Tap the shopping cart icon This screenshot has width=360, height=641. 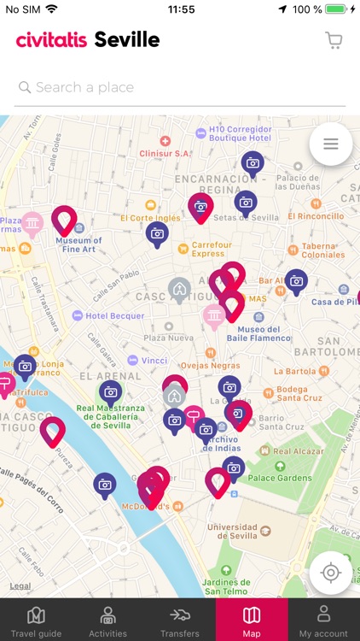334,40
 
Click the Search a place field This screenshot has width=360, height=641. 180,87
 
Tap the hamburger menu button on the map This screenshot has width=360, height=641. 331,144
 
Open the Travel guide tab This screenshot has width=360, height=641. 36,621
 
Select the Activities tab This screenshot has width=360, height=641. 107,621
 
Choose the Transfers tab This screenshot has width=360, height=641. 179,621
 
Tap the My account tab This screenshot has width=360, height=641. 323,621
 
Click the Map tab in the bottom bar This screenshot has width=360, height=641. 252,621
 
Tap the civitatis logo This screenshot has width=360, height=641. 52,39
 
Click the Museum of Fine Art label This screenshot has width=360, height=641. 79,244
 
